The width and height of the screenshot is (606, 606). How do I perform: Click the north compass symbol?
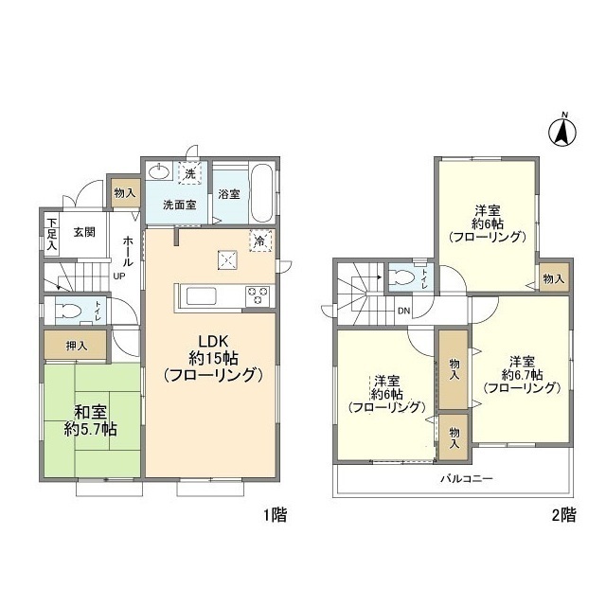[x=561, y=132]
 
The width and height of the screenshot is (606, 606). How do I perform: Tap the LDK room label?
[x=213, y=341]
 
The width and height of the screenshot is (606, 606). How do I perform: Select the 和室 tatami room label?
[x=91, y=413]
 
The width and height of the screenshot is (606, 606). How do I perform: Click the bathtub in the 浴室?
[x=263, y=193]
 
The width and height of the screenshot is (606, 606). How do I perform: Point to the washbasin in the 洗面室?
[x=160, y=171]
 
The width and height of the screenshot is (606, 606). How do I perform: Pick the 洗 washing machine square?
[x=189, y=173]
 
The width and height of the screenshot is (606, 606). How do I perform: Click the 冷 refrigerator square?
[x=261, y=241]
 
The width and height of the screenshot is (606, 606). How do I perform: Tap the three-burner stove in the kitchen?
[x=258, y=295]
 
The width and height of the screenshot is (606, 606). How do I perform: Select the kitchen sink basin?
[x=201, y=296]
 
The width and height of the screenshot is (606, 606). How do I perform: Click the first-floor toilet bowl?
[x=67, y=311]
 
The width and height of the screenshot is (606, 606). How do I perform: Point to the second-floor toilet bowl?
[x=402, y=276]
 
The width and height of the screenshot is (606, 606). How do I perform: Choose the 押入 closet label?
[x=77, y=346]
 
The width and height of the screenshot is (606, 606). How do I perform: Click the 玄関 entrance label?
[x=84, y=232]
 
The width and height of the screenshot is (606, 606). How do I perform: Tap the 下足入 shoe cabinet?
[x=52, y=234]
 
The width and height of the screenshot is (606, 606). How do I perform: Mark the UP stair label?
[x=119, y=276]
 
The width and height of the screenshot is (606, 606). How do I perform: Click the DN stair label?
[x=404, y=311]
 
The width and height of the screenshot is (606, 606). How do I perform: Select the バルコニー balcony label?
[x=467, y=479]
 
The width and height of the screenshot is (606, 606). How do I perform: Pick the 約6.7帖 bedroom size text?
[x=522, y=375]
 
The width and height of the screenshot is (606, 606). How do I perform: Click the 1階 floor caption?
[x=276, y=515]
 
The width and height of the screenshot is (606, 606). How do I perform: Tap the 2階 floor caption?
[x=563, y=515]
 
